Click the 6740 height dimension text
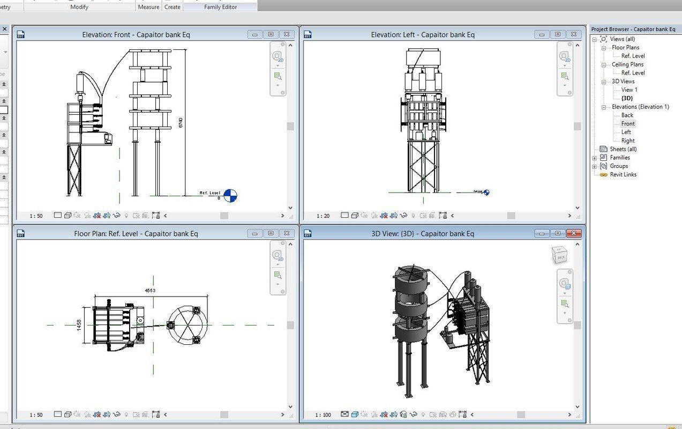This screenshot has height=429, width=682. click(x=181, y=122)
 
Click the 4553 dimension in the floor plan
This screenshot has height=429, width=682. click(x=150, y=290)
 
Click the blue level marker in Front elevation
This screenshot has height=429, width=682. click(x=230, y=196)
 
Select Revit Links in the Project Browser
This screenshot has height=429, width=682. click(x=623, y=174)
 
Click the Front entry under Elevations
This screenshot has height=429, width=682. click(x=628, y=123)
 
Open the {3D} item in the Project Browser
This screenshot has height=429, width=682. click(x=627, y=98)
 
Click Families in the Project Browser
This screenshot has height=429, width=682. click(x=620, y=158)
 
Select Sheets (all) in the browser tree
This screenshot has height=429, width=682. click(x=623, y=149)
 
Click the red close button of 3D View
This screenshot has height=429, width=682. click(x=574, y=233)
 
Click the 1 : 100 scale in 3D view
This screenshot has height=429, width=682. click(x=323, y=415)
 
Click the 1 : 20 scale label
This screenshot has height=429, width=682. click(x=323, y=216)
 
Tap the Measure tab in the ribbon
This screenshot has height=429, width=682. click(x=148, y=7)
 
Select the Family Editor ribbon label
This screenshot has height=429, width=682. click(x=220, y=7)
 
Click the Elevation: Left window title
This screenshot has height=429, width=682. click(x=423, y=34)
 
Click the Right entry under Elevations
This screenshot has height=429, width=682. click(x=628, y=140)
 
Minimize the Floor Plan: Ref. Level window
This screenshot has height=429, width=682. click(x=254, y=233)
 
